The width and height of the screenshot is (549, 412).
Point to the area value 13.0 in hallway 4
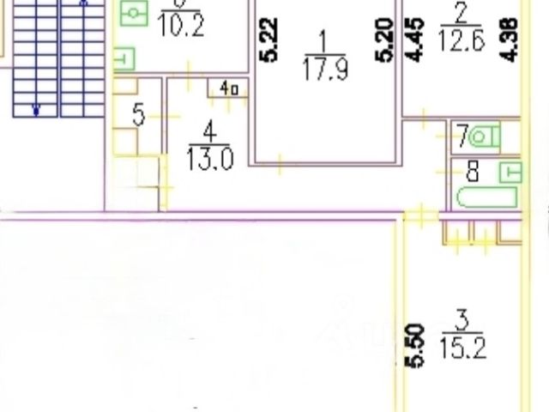(x=210, y=159)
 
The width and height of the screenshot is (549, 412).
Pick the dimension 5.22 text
(x=270, y=40)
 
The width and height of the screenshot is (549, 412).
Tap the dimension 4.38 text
(x=511, y=39)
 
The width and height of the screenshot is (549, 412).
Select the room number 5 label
(x=138, y=115)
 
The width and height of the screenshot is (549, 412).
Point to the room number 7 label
(x=462, y=136)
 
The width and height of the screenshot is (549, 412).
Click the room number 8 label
(x=471, y=172)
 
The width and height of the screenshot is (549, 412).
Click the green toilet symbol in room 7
(x=485, y=136)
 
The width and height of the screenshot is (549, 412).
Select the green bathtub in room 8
(x=486, y=197)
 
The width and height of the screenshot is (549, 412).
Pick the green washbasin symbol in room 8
(x=511, y=170)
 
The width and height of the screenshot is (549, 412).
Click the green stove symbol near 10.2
(x=135, y=13)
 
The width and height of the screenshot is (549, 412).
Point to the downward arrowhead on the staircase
(x=37, y=110)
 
